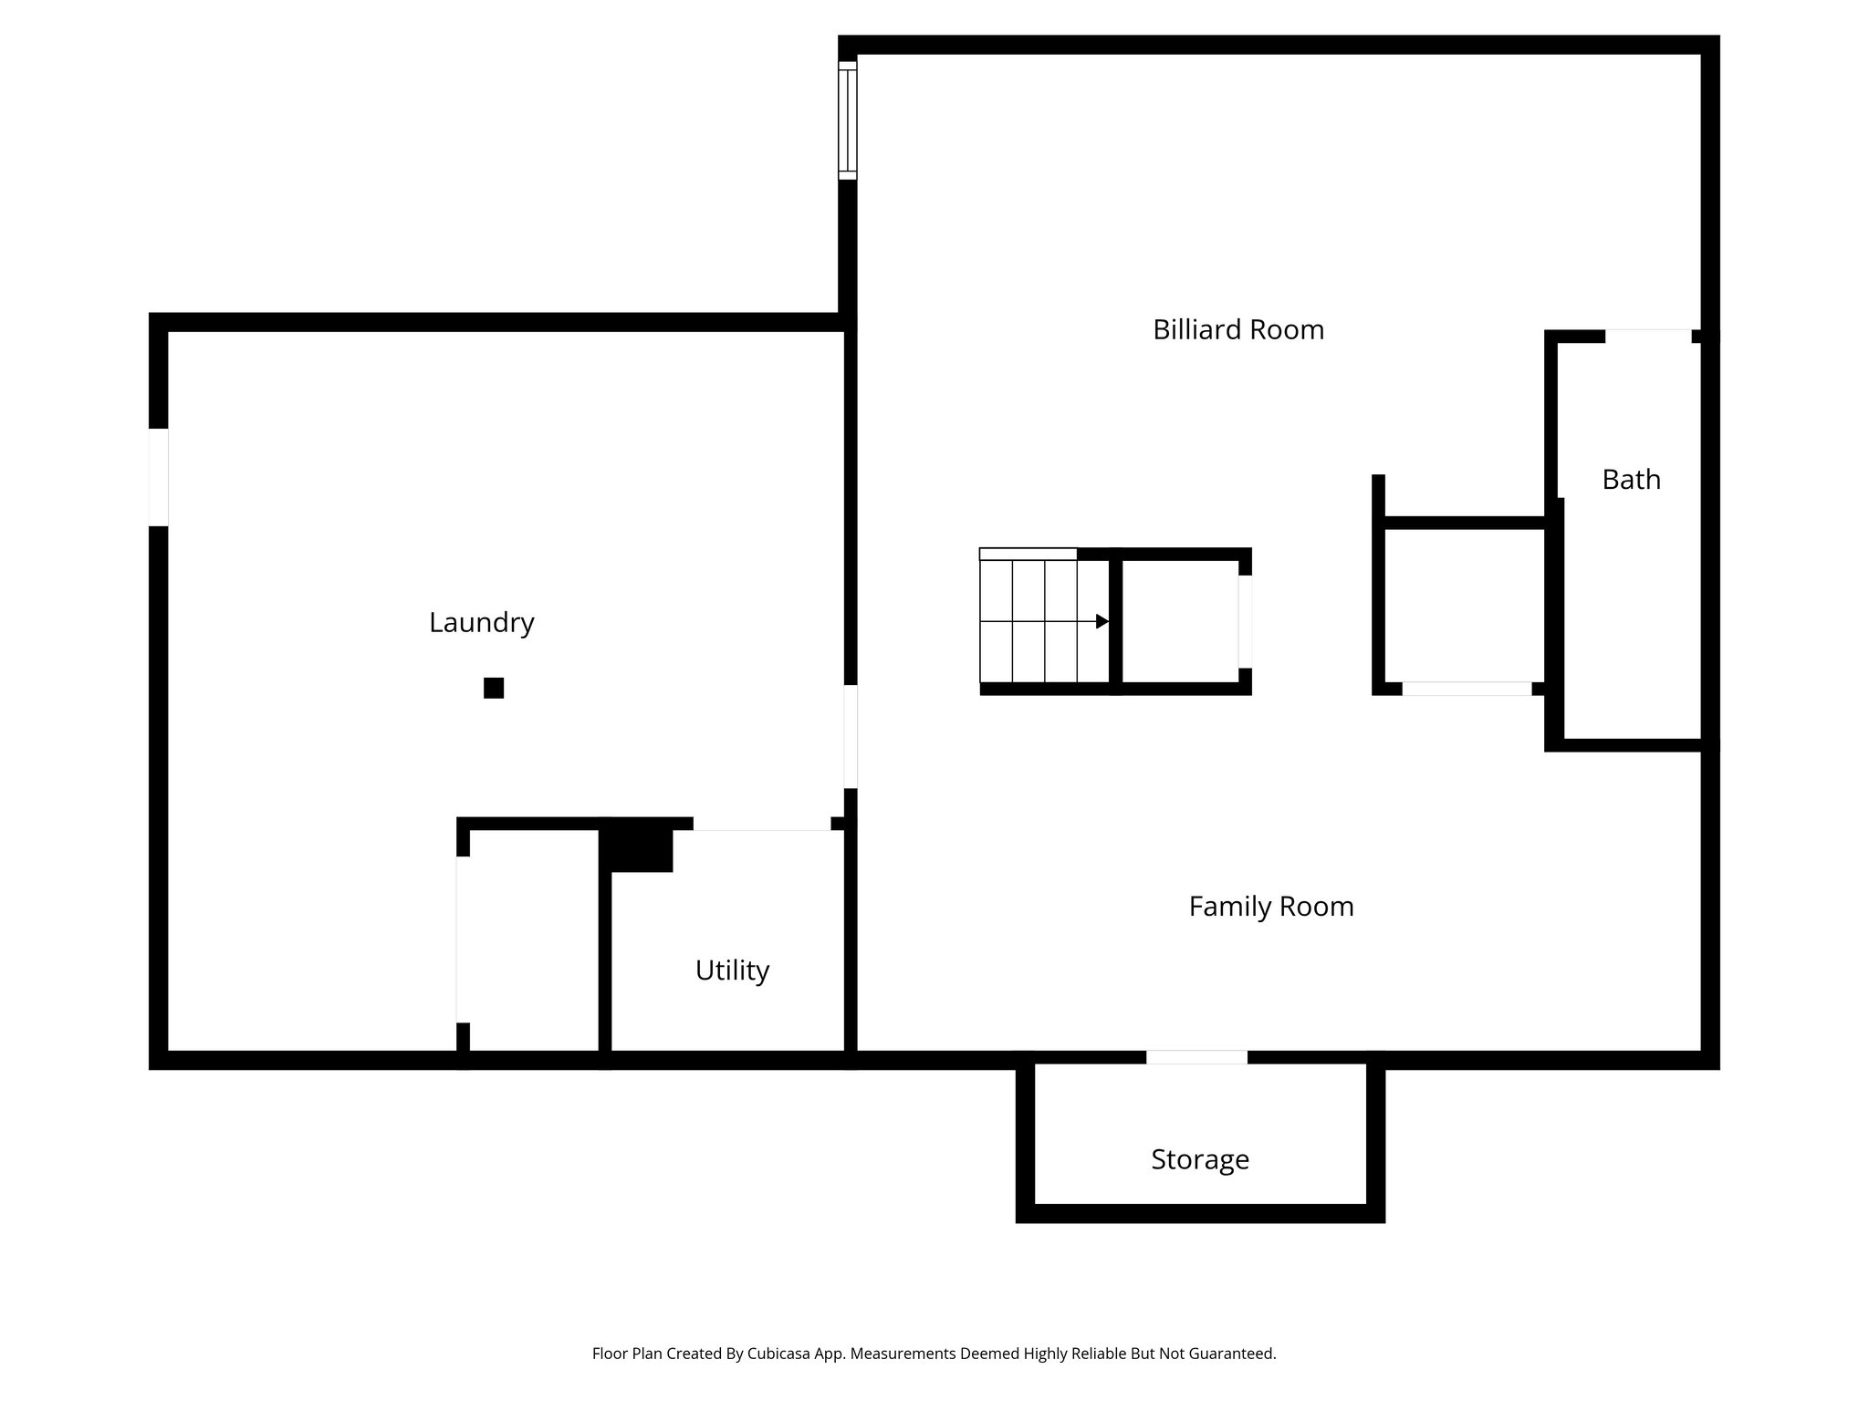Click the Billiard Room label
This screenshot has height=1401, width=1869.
tap(1237, 329)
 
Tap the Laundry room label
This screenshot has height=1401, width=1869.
tap(481, 622)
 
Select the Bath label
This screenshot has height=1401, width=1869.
tap(1631, 479)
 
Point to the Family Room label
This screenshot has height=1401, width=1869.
tap(1270, 906)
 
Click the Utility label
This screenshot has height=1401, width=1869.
tap(732, 970)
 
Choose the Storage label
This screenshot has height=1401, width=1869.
tap(1199, 1159)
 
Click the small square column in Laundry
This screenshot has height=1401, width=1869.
tap(494, 688)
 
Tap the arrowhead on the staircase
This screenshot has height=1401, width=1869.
tap(1102, 621)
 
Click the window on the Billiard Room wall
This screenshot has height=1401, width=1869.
tap(848, 120)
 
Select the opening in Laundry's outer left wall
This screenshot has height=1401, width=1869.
tap(159, 477)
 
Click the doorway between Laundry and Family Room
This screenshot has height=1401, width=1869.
tap(850, 737)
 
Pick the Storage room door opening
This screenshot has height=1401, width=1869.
tap(1196, 1057)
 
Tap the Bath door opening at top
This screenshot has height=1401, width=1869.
tap(1648, 336)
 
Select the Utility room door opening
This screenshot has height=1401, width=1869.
tap(762, 824)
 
